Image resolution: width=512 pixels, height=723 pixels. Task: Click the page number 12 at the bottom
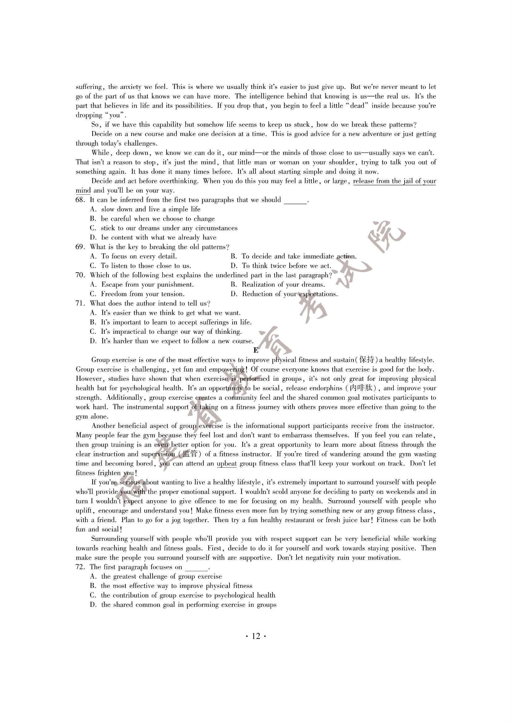256,636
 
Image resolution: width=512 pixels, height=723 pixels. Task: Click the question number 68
80,200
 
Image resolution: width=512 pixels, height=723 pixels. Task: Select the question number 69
80,247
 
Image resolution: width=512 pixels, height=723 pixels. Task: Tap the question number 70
80,275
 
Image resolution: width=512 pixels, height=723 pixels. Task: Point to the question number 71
80,304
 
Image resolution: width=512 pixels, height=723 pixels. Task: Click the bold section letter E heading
256,351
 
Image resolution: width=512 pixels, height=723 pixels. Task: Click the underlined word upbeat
227,464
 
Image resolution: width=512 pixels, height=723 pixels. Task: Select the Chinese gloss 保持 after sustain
367,360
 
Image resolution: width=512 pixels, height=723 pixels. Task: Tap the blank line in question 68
295,201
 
